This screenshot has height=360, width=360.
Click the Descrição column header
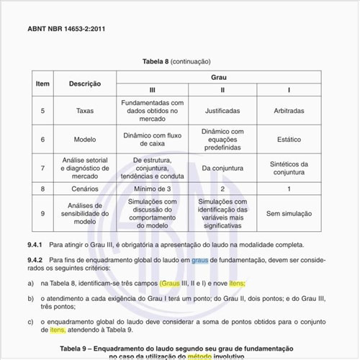(x=84, y=84)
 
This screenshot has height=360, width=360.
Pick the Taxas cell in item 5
(x=84, y=111)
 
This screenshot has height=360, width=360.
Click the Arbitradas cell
(x=289, y=111)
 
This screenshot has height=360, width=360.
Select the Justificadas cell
(x=222, y=111)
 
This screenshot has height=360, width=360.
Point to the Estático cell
(x=289, y=140)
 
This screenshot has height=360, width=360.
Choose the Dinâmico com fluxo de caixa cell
(x=152, y=140)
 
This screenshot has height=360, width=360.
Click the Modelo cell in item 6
(x=84, y=140)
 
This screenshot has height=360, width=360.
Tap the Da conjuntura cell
(x=222, y=168)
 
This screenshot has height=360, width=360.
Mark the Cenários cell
(x=84, y=189)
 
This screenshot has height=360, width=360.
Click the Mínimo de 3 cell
(x=152, y=189)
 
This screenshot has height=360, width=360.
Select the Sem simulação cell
(x=289, y=213)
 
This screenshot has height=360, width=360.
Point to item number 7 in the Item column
(x=42, y=168)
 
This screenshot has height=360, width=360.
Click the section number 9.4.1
(x=35, y=245)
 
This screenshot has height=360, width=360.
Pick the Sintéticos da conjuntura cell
(x=289, y=168)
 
